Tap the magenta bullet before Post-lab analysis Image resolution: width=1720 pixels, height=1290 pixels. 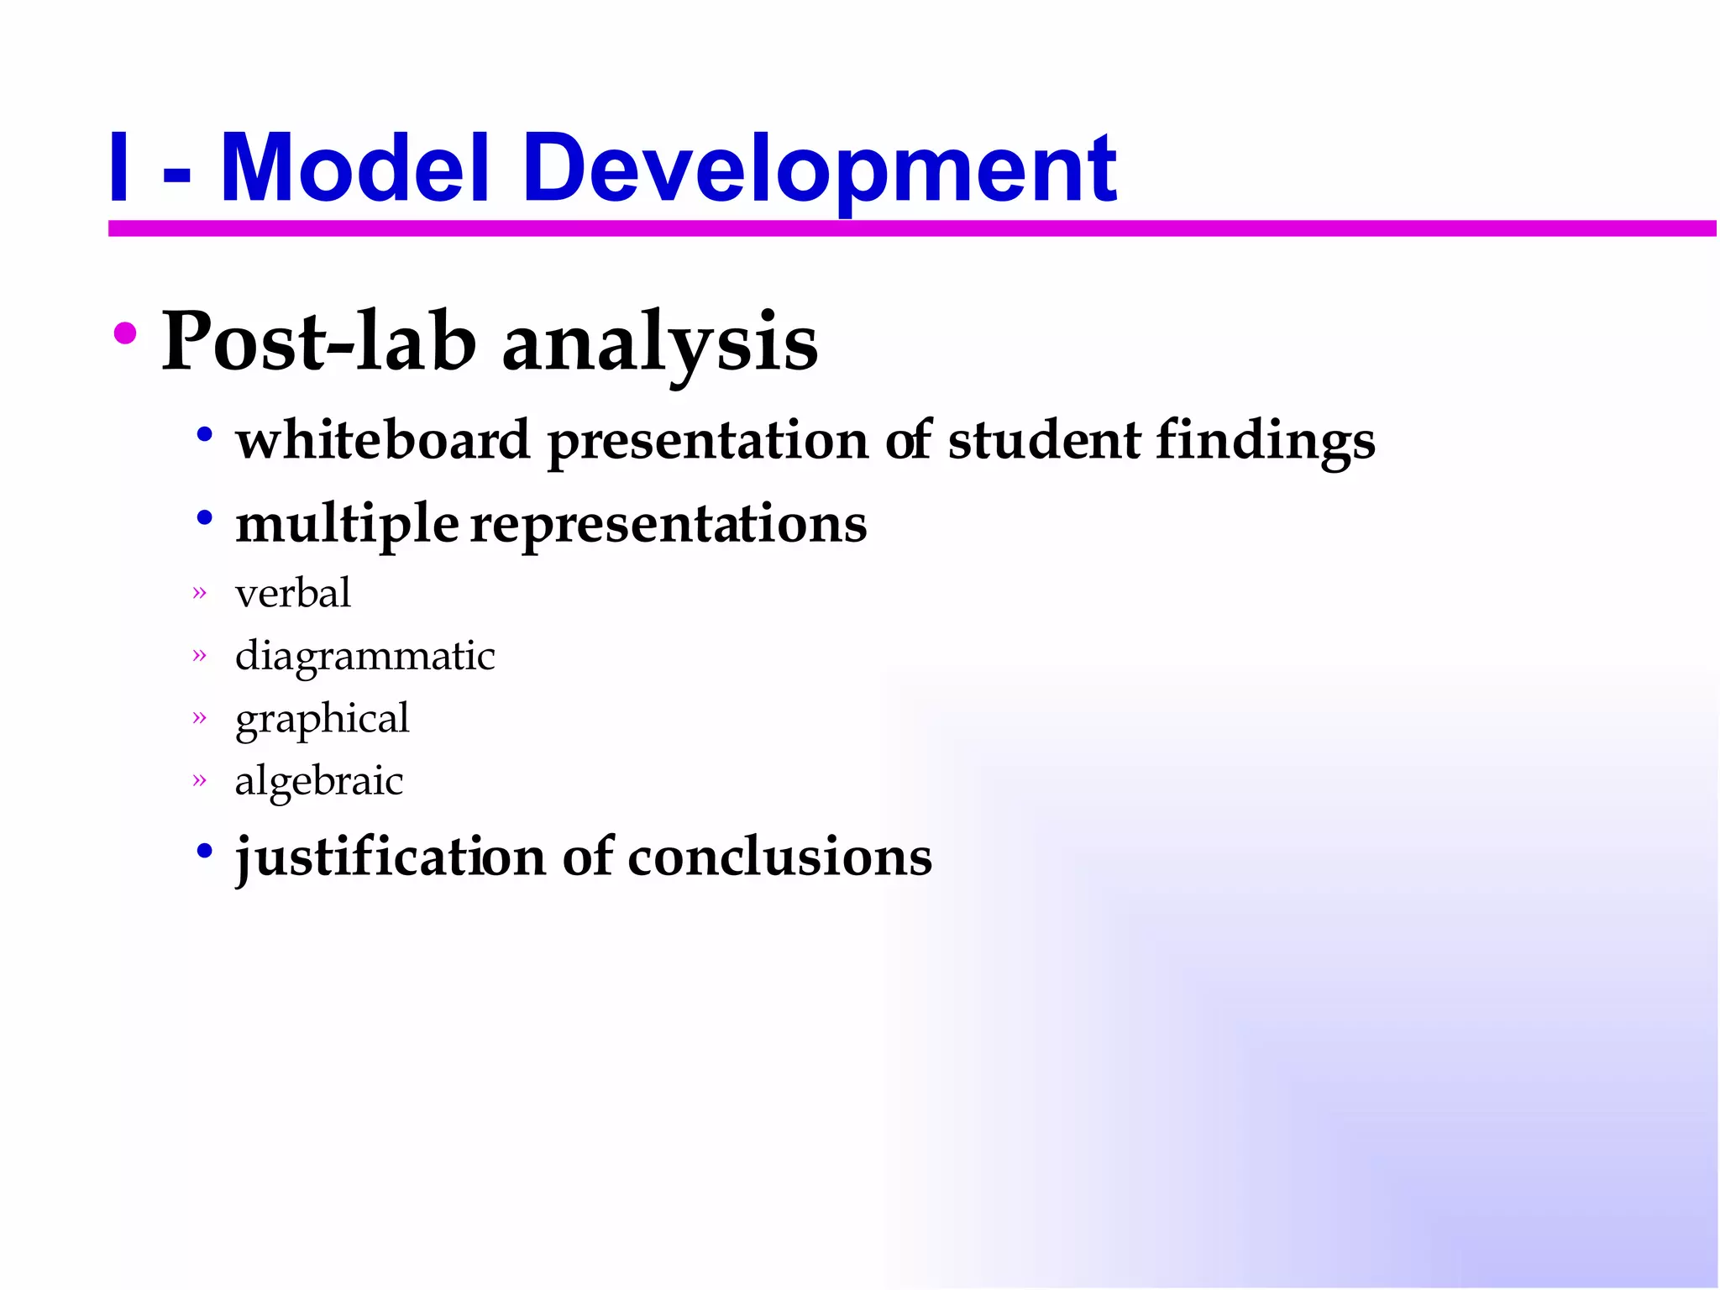[125, 333]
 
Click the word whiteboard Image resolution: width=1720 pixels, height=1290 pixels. [383, 439]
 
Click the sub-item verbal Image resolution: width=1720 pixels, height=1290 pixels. [293, 593]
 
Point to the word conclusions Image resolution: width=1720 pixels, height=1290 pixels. [779, 857]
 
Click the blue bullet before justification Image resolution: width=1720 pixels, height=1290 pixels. [204, 851]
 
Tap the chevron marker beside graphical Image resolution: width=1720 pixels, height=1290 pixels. [199, 717]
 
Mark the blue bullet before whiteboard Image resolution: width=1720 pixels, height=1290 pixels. [204, 434]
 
